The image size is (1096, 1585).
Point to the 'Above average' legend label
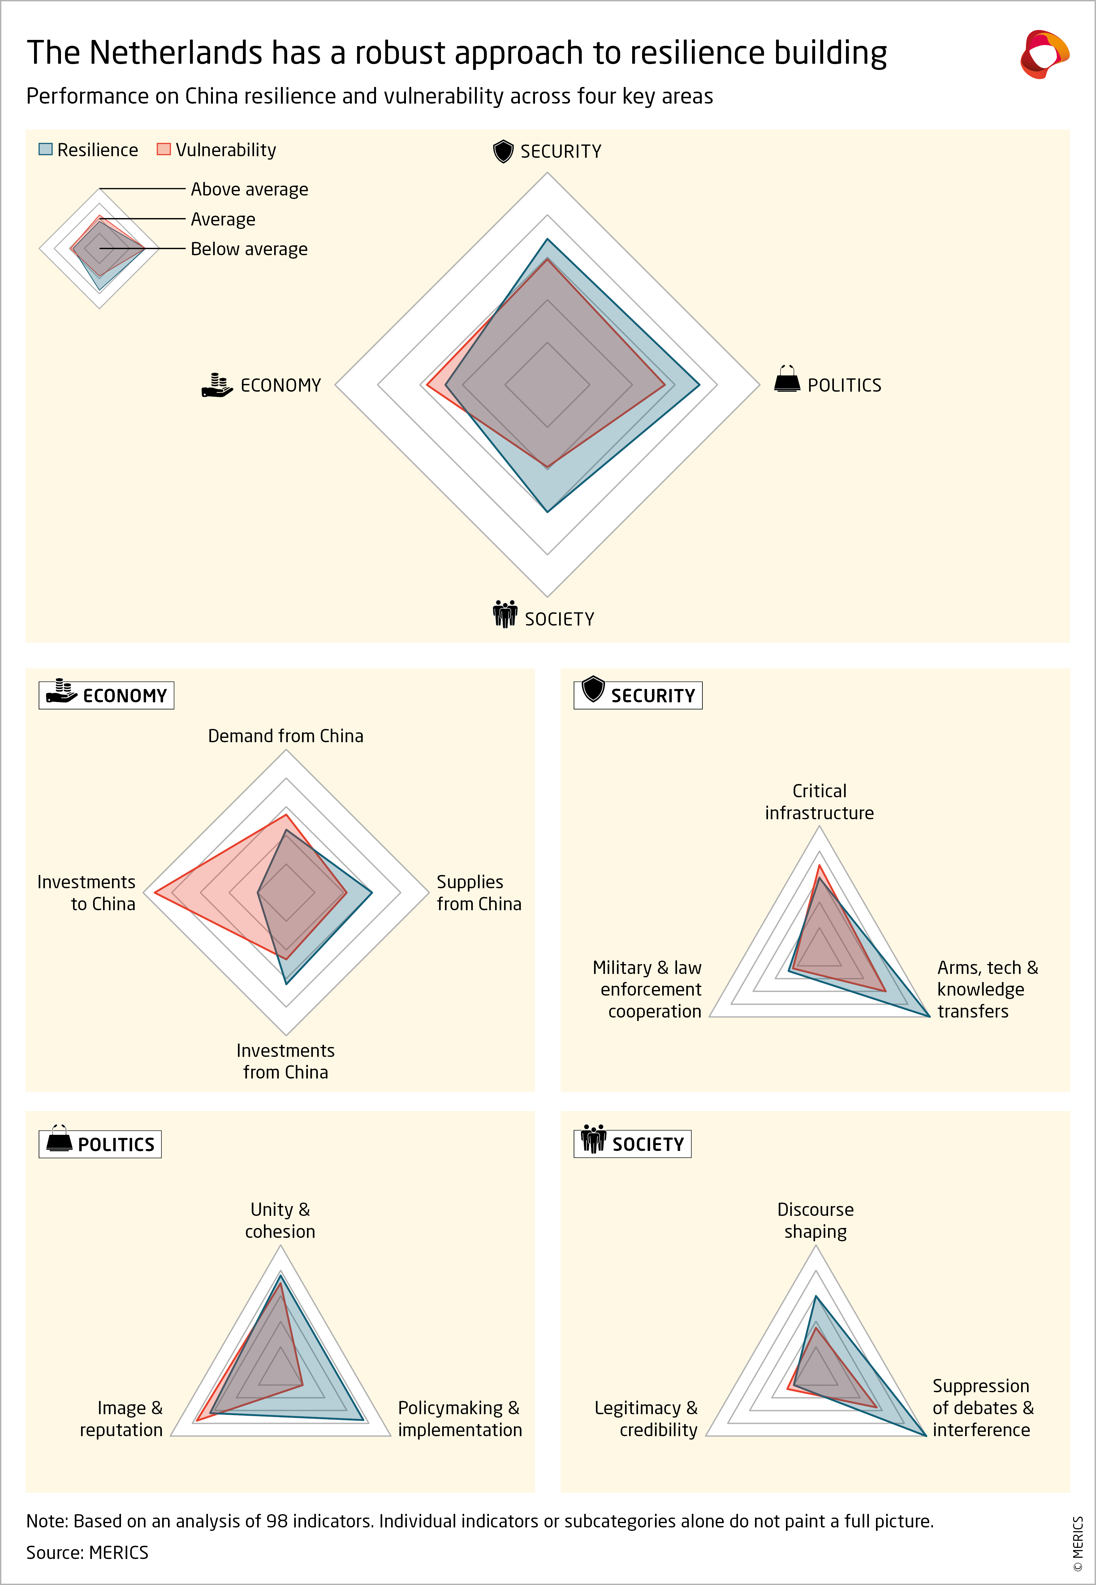click(249, 189)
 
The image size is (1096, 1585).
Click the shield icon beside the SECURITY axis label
click(503, 151)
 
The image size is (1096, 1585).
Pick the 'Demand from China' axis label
click(286, 736)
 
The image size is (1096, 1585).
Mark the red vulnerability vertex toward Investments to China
click(155, 892)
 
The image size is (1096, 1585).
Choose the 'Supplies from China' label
click(479, 892)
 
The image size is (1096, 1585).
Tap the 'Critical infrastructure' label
click(819, 802)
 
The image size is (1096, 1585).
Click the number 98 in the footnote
click(277, 1521)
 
